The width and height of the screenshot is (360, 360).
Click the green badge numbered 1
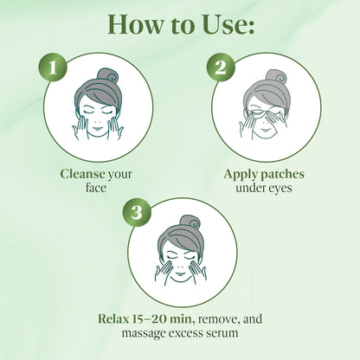pyautogui.click(x=53, y=67)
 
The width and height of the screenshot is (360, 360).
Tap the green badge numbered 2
pyautogui.click(x=221, y=67)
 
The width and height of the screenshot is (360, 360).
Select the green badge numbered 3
pyautogui.click(x=137, y=212)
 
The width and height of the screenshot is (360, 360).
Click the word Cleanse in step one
pyautogui.click(x=82, y=174)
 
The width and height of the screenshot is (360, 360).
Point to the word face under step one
pyautogui.click(x=96, y=188)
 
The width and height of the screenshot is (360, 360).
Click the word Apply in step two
pyautogui.click(x=241, y=175)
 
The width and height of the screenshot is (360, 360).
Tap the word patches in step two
pyautogui.click(x=282, y=175)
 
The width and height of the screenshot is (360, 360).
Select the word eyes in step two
pyautogui.click(x=280, y=189)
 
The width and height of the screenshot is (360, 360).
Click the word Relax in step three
pyautogui.click(x=112, y=318)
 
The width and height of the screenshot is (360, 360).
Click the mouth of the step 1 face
pyautogui.click(x=98, y=128)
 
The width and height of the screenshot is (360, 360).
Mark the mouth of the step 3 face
pyautogui.click(x=180, y=273)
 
